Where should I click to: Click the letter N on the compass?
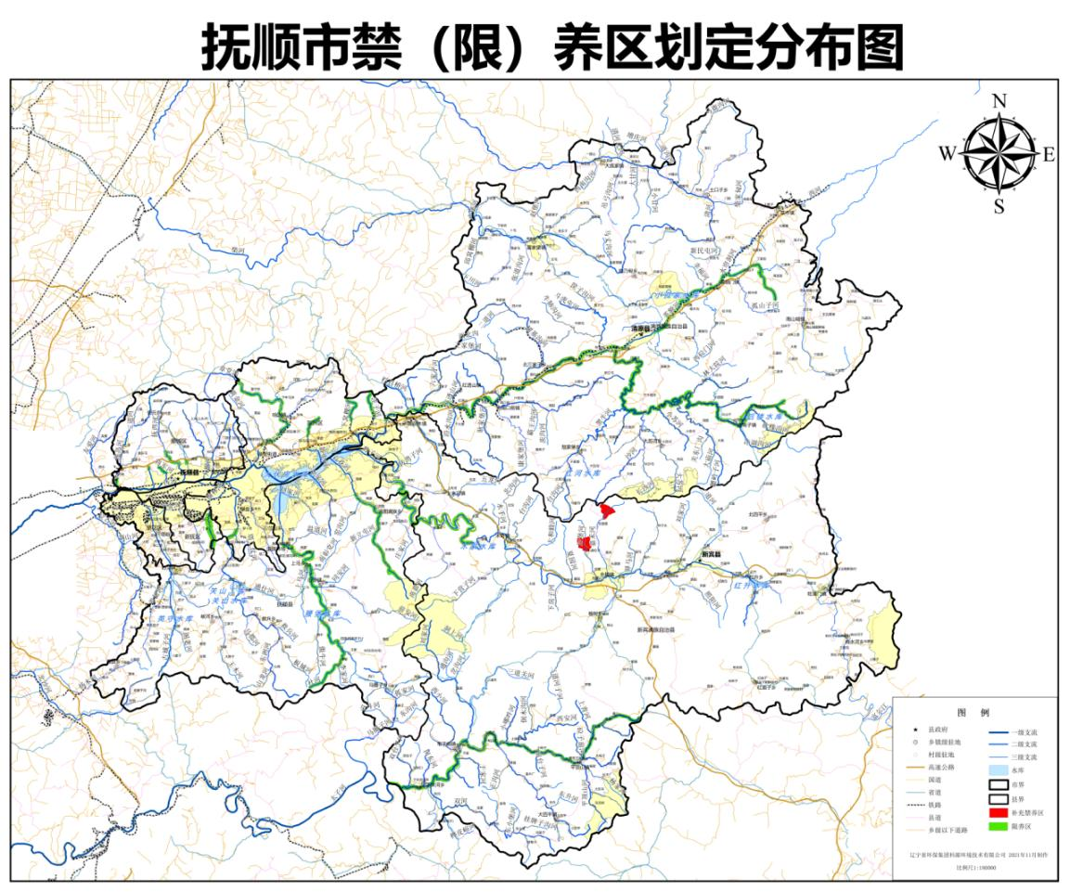(x=999, y=101)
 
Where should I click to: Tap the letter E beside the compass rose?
(x=1049, y=155)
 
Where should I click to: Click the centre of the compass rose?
(x=999, y=154)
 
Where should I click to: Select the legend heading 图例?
(x=973, y=712)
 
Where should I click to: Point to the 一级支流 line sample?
(x=999, y=731)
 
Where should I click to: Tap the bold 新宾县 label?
(x=713, y=554)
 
